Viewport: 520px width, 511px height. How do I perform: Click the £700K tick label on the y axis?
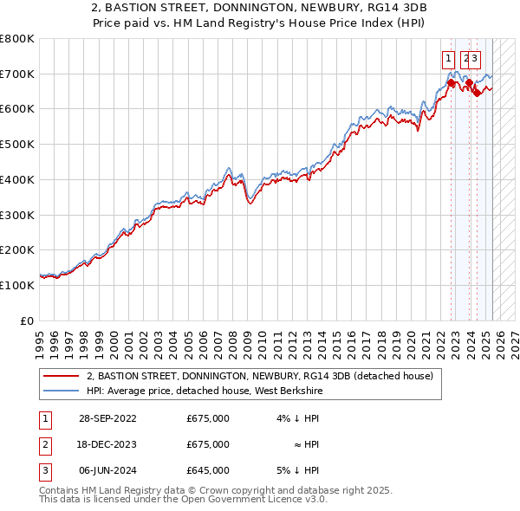pyautogui.click(x=17, y=74)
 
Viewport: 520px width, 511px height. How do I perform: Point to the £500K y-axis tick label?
pyautogui.click(x=17, y=144)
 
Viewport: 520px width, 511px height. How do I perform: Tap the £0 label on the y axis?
pyautogui.click(x=28, y=320)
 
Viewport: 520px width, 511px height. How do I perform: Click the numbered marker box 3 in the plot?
pyautogui.click(x=476, y=59)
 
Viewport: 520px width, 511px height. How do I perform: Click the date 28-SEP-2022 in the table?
pyautogui.click(x=107, y=418)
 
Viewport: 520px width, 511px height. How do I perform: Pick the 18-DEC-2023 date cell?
pyautogui.click(x=107, y=444)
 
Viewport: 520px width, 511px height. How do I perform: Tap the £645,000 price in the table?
pyautogui.click(x=208, y=470)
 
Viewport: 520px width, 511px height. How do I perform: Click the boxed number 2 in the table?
pyautogui.click(x=44, y=444)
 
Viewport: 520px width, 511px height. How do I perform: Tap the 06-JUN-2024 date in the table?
pyautogui.click(x=107, y=470)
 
